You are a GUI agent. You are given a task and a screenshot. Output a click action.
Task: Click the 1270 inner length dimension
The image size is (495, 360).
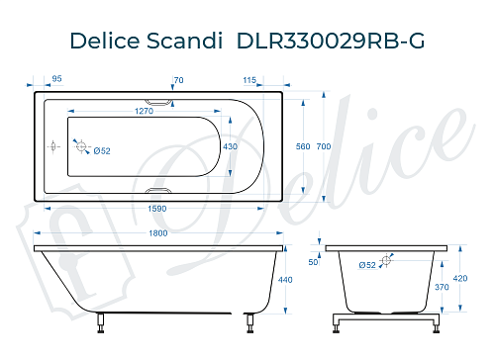pos(144,112)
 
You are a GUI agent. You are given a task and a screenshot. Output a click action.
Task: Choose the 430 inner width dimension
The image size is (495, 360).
pos(231,146)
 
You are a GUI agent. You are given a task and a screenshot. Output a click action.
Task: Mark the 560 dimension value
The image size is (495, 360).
pos(304,146)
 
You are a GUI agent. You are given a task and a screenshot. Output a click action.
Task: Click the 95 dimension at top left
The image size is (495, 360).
pos(56,79)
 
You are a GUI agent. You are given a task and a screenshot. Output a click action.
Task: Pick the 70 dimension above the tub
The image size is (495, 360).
pos(178,79)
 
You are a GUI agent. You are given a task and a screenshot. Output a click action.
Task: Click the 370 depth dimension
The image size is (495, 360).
pos(443,287)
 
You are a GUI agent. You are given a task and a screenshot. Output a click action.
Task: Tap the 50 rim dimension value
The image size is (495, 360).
pos(314,262)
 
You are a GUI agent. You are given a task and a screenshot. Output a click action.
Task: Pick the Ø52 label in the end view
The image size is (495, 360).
pos(366,265)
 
